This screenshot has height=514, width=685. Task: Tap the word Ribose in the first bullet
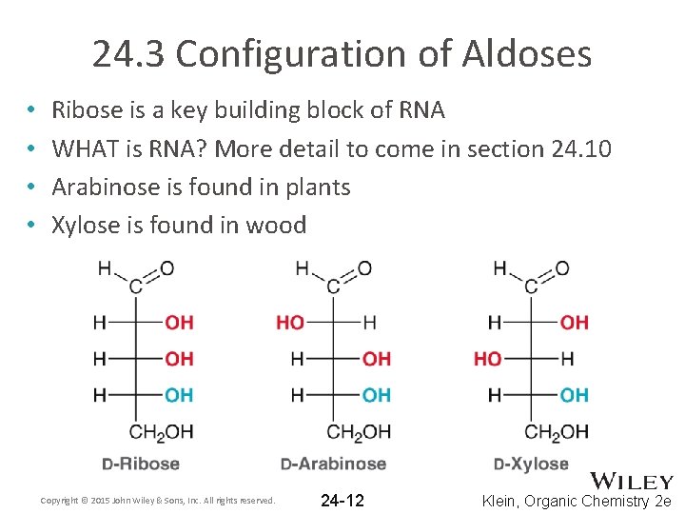(x=87, y=110)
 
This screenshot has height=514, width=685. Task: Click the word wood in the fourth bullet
(x=277, y=225)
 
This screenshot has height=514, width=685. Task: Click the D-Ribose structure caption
(x=140, y=465)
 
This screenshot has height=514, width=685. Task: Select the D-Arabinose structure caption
(x=333, y=465)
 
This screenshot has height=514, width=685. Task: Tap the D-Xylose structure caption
(x=531, y=465)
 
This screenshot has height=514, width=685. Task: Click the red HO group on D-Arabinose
(x=290, y=323)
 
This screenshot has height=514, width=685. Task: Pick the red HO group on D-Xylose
(x=487, y=359)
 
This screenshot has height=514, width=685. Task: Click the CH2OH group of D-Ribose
(x=161, y=432)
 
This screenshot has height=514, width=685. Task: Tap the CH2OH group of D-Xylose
(x=557, y=432)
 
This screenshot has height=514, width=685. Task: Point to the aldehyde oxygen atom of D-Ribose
(x=167, y=268)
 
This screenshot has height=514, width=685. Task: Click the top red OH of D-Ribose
(x=179, y=323)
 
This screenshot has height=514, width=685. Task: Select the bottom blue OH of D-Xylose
(x=574, y=395)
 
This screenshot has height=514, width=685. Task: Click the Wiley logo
(x=632, y=482)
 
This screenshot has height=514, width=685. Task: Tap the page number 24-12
(x=342, y=501)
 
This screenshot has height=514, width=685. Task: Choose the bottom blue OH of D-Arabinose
(x=377, y=395)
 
